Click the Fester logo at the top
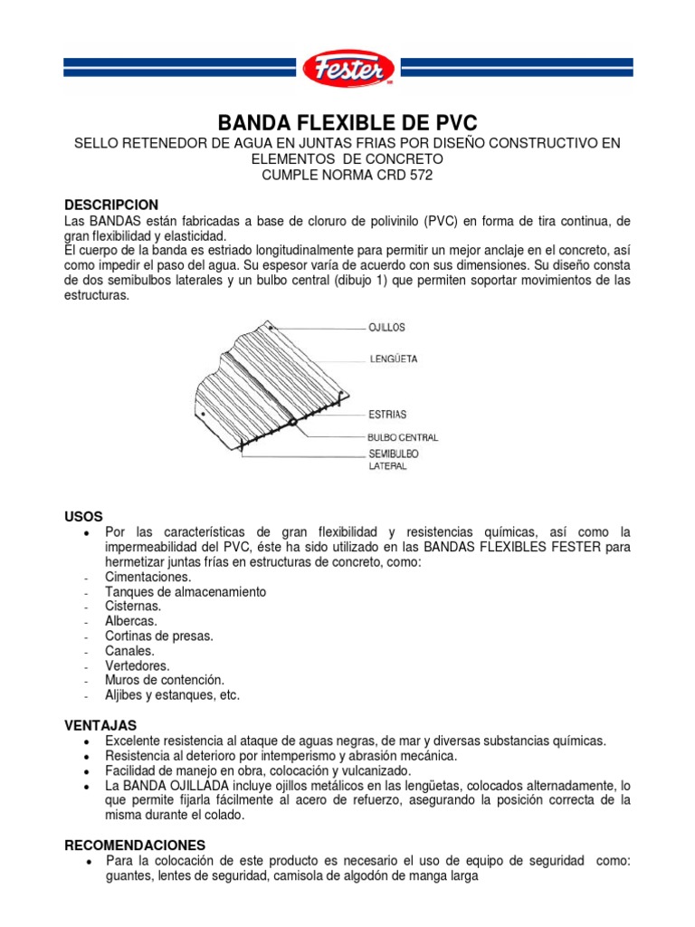(x=347, y=68)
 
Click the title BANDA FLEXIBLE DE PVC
(x=347, y=123)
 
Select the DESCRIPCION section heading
(x=111, y=205)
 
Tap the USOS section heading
(x=83, y=515)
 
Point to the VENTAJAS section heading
(x=100, y=725)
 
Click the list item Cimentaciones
(x=148, y=577)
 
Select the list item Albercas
(x=131, y=621)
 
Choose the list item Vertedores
(x=137, y=665)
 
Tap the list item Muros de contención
(x=164, y=680)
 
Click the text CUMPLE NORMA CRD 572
(x=347, y=176)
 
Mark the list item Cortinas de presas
(x=159, y=636)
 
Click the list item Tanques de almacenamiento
(x=186, y=592)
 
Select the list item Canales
(x=129, y=651)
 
